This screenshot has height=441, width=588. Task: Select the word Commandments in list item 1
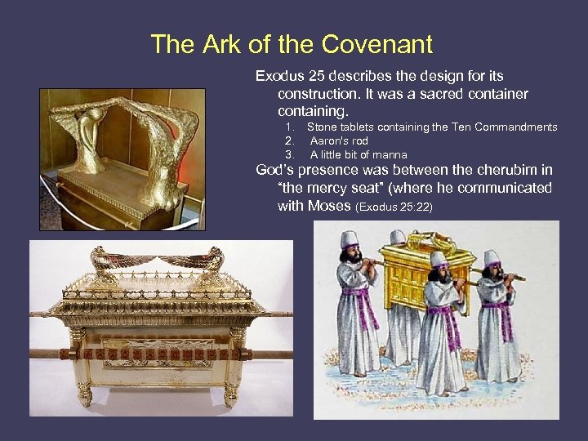click(515, 127)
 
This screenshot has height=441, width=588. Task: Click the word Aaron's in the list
click(327, 140)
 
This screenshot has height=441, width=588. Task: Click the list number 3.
click(289, 154)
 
